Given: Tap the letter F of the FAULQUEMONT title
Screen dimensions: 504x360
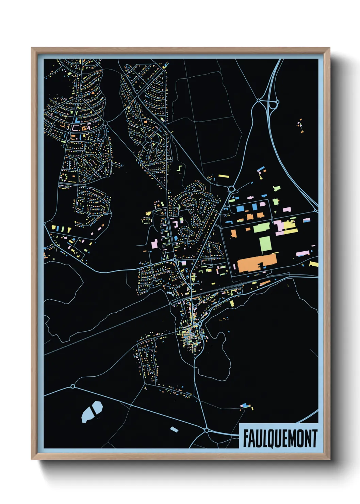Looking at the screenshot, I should [x=245, y=438].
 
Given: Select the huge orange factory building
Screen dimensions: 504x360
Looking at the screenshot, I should [x=257, y=263].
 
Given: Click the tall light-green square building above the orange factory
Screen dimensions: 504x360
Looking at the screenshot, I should [x=265, y=244].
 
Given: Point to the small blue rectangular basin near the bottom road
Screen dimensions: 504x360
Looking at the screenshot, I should [x=174, y=429].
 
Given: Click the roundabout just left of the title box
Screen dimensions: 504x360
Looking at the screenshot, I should [x=207, y=430].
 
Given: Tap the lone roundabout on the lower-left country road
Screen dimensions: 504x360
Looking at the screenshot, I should [x=72, y=386].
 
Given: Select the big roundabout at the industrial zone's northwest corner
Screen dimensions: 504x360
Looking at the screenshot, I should [x=231, y=188].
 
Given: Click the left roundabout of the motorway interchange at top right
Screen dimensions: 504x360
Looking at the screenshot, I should [x=259, y=100].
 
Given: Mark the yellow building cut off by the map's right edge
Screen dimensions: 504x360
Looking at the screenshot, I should [x=314, y=264].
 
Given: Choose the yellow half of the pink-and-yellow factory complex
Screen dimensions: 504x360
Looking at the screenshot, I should [x=290, y=226].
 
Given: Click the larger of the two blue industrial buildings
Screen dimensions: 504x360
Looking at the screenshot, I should [x=240, y=208].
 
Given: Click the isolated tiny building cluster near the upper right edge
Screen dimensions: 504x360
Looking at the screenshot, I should [x=300, y=125].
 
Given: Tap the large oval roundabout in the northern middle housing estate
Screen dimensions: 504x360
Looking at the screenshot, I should [x=148, y=140].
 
